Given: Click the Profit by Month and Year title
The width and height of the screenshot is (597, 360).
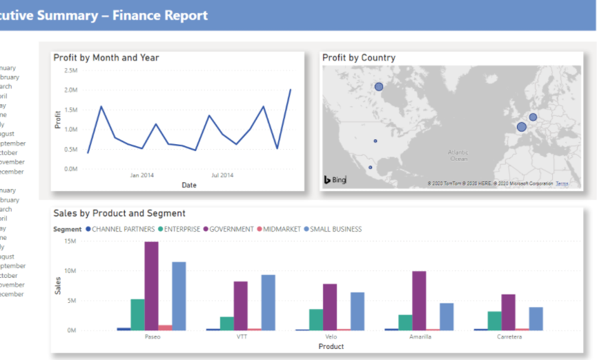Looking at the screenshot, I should pyautogui.click(x=106, y=58).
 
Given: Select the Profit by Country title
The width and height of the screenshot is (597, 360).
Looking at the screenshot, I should pyautogui.click(x=359, y=58).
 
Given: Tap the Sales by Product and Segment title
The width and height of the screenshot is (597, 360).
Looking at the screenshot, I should pyautogui.click(x=119, y=214).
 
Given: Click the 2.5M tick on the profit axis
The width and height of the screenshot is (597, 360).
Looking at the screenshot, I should pyautogui.click(x=70, y=70).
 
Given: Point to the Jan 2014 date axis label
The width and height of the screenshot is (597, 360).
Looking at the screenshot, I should pyautogui.click(x=142, y=175).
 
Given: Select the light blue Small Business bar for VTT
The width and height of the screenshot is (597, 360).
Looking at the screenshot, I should pyautogui.click(x=268, y=302).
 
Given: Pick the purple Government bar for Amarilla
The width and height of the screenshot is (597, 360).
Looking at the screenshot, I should pyautogui.click(x=419, y=301).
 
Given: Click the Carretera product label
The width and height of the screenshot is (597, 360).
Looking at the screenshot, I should pyautogui.click(x=509, y=337).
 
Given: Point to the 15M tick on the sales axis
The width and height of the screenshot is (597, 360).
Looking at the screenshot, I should pyautogui.click(x=69, y=241).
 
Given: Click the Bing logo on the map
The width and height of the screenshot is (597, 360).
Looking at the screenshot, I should pyautogui.click(x=335, y=180).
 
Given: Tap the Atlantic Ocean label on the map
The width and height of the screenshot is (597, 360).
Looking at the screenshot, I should pyautogui.click(x=458, y=155).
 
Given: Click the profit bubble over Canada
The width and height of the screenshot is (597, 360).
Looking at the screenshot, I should pyautogui.click(x=379, y=87).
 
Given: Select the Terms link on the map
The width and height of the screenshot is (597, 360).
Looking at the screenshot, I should pyautogui.click(x=562, y=183).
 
